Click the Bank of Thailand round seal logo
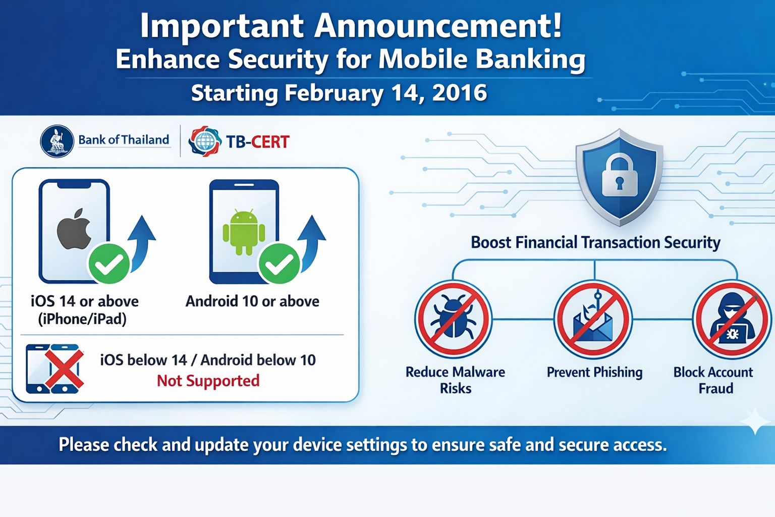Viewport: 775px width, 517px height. [57, 141]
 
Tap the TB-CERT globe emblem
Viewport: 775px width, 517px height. [205, 141]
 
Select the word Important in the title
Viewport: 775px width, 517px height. [222, 26]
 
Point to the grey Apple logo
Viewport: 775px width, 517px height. [74, 229]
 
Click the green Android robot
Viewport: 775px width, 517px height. [244, 232]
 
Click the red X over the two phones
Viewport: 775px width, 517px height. [65, 369]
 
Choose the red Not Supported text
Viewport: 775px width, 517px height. [208, 381]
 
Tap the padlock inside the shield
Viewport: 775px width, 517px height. [619, 175]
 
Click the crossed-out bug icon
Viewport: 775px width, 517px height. [453, 319]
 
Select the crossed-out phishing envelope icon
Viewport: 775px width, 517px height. [593, 319]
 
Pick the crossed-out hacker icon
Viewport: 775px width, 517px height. [732, 319]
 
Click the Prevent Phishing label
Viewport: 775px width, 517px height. [594, 372]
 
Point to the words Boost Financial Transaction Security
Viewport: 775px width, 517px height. [595, 242]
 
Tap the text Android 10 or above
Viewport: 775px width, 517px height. [252, 301]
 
